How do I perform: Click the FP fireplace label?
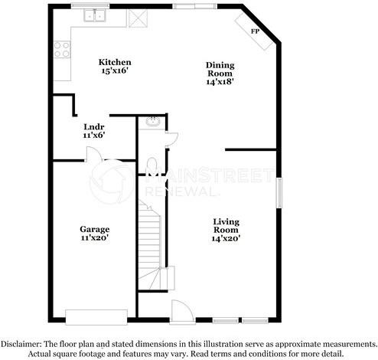click(255, 31)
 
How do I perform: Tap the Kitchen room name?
click(115, 62)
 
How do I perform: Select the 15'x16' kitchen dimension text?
click(115, 70)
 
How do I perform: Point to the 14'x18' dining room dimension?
click(220, 82)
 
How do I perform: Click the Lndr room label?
click(94, 126)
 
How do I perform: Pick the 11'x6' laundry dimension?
click(94, 135)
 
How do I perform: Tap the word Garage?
click(95, 229)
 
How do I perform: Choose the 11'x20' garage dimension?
click(95, 237)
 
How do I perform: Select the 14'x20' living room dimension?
click(226, 238)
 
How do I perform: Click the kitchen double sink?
click(95, 15)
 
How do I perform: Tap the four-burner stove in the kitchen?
click(62, 50)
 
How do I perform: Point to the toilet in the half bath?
click(152, 165)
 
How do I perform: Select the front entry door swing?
click(182, 311)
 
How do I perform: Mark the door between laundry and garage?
click(95, 154)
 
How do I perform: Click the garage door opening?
click(96, 317)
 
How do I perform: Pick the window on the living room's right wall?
click(279, 192)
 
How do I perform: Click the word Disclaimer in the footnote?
click(21, 344)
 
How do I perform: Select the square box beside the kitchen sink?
click(138, 18)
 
